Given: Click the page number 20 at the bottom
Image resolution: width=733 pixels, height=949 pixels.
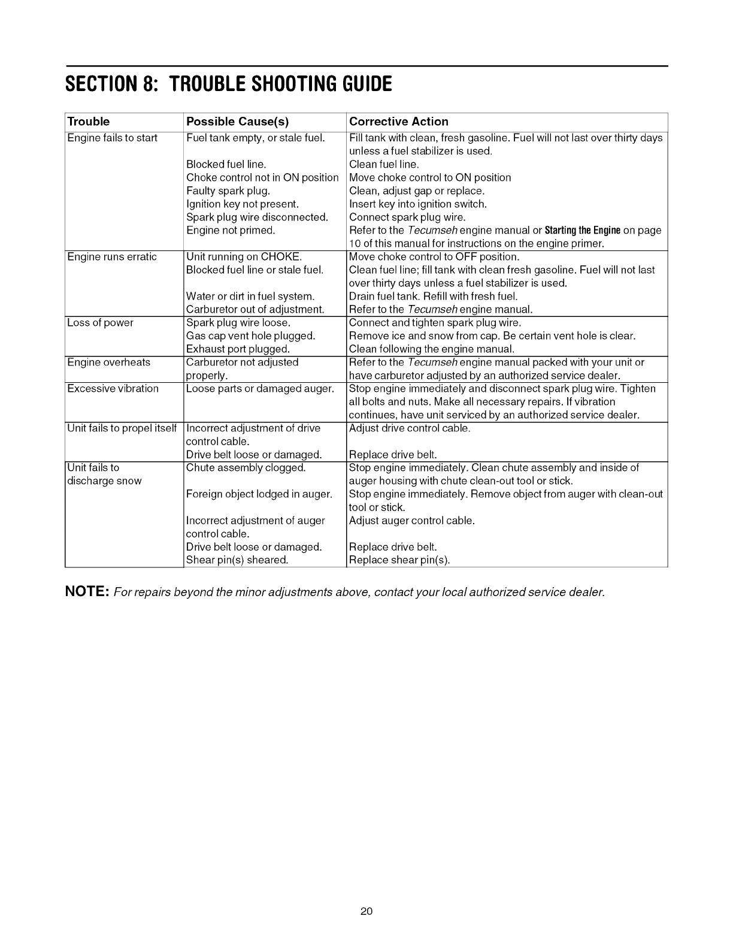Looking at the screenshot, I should point(366,911).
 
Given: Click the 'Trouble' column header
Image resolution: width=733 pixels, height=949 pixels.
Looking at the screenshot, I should point(88,122).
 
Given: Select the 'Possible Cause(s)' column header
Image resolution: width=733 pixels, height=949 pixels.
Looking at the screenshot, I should point(237,122).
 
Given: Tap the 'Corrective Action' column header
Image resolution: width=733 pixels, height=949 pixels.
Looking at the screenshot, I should point(398,122).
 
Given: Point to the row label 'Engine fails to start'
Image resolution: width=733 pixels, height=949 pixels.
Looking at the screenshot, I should point(112,138).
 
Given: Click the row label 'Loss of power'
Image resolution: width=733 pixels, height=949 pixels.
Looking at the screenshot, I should point(100,323).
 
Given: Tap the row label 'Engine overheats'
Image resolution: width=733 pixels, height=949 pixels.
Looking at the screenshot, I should point(108,362).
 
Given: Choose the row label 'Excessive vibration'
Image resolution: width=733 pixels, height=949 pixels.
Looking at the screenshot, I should point(113,389).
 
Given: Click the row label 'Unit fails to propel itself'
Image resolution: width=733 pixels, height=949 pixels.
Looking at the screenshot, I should point(122,428).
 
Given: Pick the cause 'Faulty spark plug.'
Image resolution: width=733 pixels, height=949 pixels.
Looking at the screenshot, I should point(228,191).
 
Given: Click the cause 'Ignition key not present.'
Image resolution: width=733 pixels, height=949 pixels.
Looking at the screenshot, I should point(242,204).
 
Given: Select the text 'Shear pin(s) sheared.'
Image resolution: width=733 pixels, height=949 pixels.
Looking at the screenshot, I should point(237,560).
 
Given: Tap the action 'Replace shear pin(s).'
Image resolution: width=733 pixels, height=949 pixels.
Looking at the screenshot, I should point(399,560).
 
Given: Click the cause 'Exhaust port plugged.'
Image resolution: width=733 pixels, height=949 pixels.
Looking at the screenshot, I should point(238,349).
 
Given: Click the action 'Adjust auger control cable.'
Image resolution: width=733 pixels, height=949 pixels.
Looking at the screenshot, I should point(411,521).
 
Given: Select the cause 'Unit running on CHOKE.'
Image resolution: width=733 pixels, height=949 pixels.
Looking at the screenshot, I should point(239,257).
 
